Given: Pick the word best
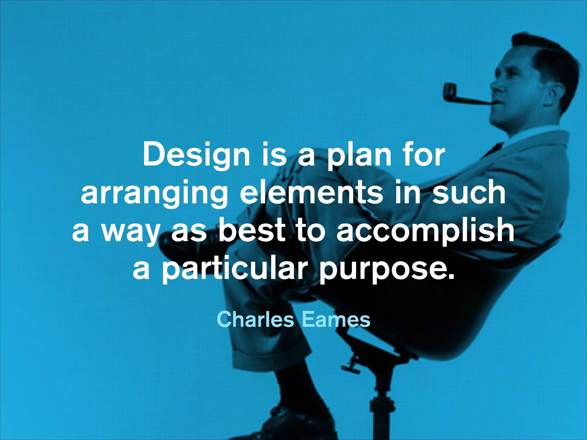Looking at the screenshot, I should click(x=252, y=231).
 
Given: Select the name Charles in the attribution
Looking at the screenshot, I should click(x=255, y=319).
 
